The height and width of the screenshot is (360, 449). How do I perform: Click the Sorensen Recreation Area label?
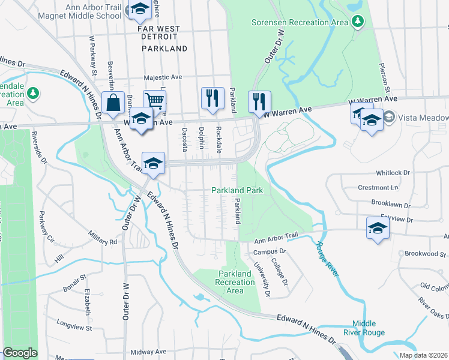pos(299,22)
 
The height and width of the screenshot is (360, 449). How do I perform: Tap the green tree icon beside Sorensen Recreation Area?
pos(358,22)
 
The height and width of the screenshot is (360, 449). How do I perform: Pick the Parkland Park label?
pos(238,190)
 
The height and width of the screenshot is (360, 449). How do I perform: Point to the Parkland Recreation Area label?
pos(235,282)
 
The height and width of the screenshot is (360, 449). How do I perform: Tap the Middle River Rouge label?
pos(369,328)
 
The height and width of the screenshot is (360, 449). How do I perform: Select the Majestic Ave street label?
pos(163,77)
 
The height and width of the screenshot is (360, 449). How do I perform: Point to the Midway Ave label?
pos(148,352)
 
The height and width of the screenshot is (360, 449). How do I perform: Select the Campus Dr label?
pos(268,252)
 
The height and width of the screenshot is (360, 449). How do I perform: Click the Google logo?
pos(20,353)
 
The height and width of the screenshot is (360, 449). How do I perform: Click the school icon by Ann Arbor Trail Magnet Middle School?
pos(140,9)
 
